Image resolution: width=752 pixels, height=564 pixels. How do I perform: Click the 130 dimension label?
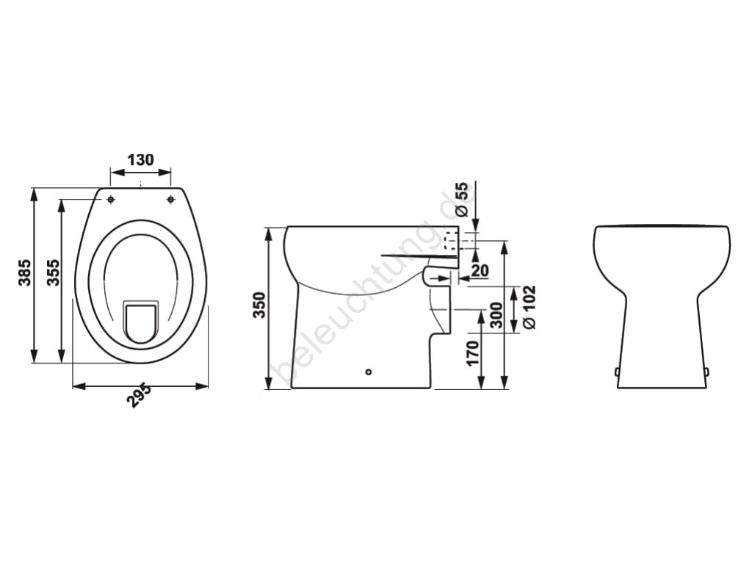coord(140,159)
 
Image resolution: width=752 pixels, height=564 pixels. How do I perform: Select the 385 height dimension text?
coord(24,272)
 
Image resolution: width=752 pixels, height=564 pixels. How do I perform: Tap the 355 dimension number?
coord(53,272)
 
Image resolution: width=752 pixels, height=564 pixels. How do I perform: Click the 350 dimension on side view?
coord(259,305)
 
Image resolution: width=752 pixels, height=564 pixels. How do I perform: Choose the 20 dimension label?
coord(479,270)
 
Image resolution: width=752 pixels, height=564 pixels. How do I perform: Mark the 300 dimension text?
coord(496,315)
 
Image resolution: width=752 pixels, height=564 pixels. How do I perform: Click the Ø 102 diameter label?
coord(529,308)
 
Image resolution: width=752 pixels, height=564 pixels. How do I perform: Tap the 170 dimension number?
coord(474,353)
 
